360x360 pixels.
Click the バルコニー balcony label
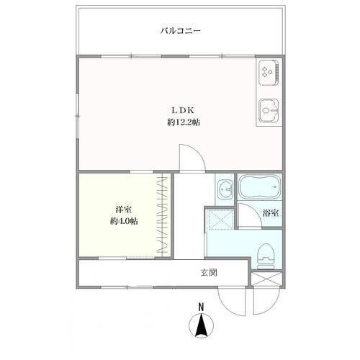point(180,31)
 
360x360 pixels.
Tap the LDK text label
point(183,110)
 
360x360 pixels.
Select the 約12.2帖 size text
point(184,122)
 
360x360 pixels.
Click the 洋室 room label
point(123,210)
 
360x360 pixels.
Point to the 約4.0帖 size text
point(124,221)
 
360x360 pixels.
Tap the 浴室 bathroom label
point(271,213)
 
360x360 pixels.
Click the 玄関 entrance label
point(209,273)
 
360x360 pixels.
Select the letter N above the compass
point(201,307)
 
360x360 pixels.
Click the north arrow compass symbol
point(201,325)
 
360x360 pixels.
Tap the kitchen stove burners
point(267,72)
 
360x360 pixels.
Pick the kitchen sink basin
point(269,110)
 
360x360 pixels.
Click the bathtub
point(259,186)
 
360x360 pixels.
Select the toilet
point(266,256)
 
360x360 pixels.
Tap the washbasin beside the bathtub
point(225,189)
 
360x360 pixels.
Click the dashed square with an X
point(220,219)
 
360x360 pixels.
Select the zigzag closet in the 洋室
point(162,215)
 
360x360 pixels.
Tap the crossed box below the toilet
point(266,279)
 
